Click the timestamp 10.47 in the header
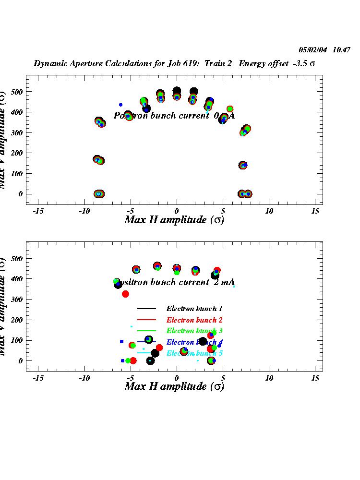tap(342, 49)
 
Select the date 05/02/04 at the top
tap(313, 49)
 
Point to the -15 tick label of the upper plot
tap(38, 211)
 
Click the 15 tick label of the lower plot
tap(315, 378)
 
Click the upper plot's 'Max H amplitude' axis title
tap(174, 220)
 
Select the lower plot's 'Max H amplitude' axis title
tap(174, 386)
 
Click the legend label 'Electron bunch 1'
tap(194, 309)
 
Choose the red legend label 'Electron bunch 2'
tap(194, 320)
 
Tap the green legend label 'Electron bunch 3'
tap(194, 331)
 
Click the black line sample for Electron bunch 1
tap(147, 309)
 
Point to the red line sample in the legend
tap(147, 320)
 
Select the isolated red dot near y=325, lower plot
tap(125, 294)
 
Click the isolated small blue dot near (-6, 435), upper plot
tap(120, 105)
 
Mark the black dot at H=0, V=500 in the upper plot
tap(177, 91)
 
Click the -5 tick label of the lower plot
tap(129, 378)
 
